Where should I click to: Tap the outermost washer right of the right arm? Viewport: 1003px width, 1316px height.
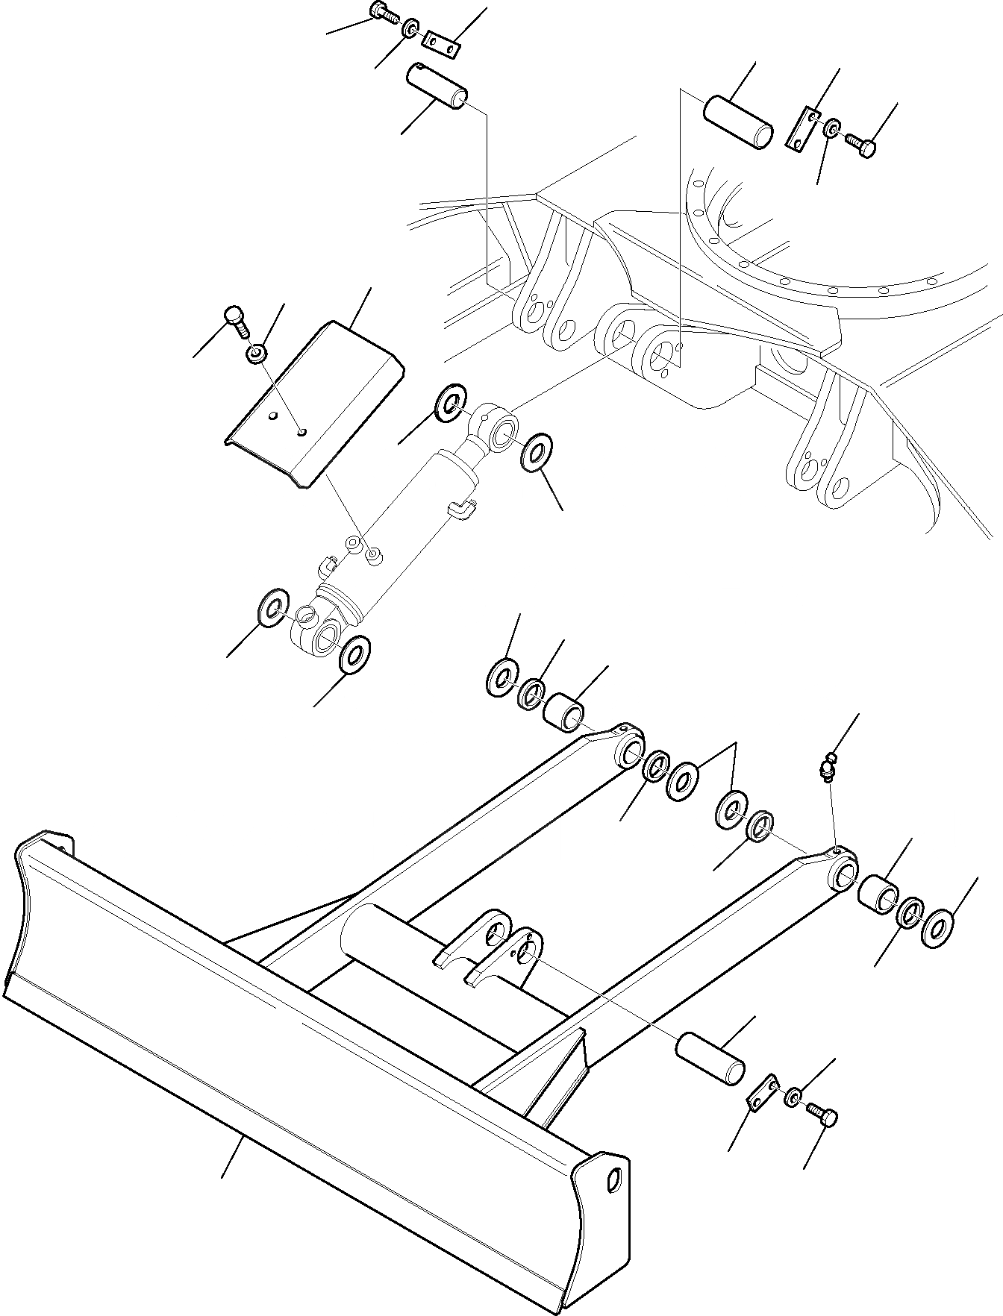coord(937,927)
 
